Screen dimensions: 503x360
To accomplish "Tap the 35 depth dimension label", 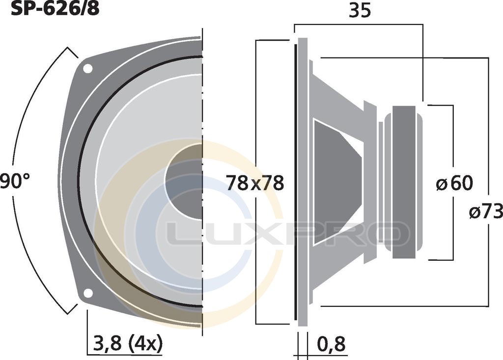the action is coord(360,11).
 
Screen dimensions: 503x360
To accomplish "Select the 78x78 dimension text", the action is coord(255,184).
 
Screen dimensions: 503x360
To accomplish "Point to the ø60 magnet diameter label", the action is coord(454,184).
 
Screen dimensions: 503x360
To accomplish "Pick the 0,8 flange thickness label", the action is coord(332,344).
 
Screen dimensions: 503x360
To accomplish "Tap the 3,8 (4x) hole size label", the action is coord(127,343).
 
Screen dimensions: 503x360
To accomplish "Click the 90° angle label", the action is coord(14,181).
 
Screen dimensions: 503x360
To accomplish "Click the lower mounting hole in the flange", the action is coord(88,293).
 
